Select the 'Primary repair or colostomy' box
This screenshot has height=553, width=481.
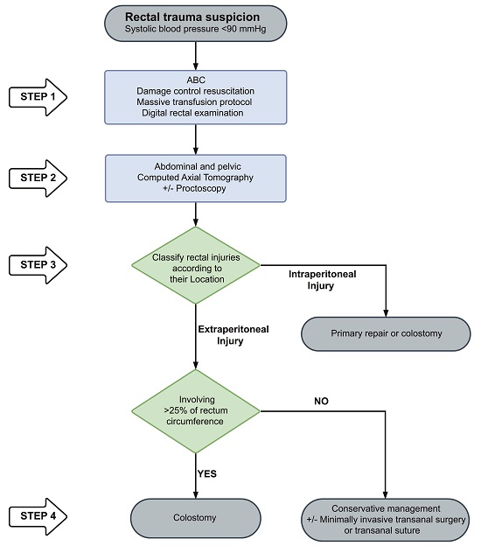tap(386, 333)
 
